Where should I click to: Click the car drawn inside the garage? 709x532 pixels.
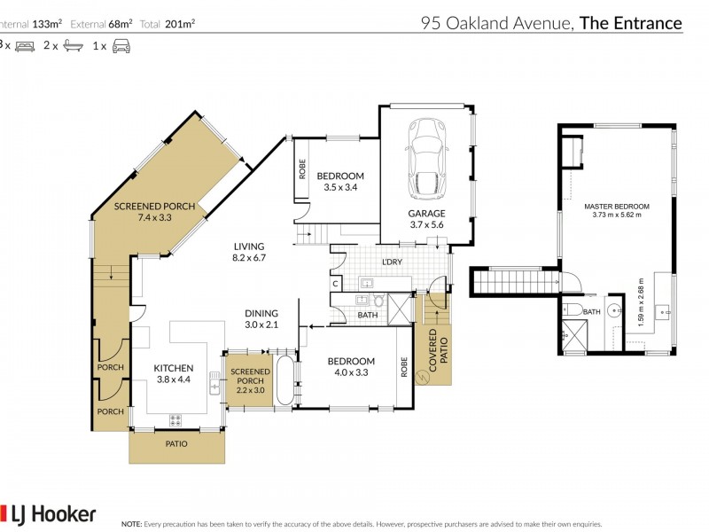(x=425, y=160)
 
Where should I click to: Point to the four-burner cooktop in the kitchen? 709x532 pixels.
(x=175, y=420)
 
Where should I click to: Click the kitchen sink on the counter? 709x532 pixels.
(x=214, y=383)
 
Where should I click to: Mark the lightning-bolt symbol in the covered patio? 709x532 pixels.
(x=423, y=376)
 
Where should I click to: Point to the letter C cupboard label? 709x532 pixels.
(x=336, y=283)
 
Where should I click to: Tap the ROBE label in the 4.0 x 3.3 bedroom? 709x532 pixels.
(x=403, y=368)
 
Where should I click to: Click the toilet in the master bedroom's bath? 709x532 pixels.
(x=573, y=309)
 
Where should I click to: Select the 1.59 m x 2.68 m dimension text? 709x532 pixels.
(x=641, y=301)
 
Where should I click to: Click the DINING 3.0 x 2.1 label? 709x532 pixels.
(x=262, y=318)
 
